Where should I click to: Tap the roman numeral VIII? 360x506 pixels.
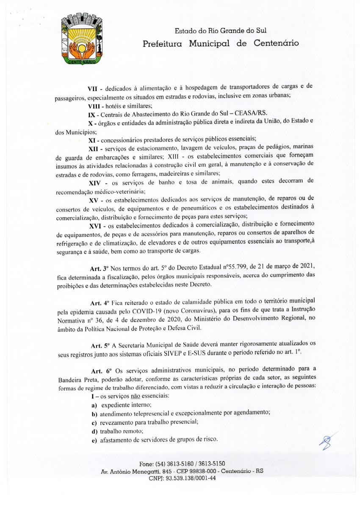pos(94,106)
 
